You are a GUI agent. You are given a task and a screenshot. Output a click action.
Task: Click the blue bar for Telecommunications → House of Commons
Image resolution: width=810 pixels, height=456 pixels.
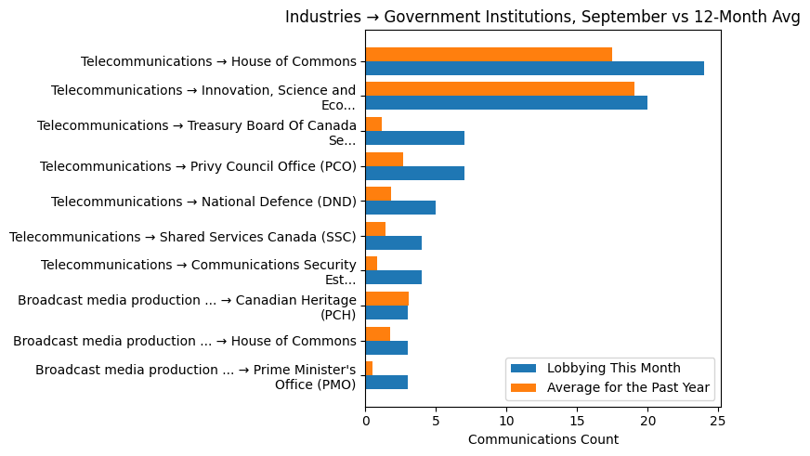(534, 68)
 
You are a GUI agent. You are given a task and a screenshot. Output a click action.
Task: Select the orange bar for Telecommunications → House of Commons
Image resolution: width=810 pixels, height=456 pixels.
(489, 54)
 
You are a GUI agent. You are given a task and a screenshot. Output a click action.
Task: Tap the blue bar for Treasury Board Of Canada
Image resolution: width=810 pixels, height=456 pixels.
(414, 138)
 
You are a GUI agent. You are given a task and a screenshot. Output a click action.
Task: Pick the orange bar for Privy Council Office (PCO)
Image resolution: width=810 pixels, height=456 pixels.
(384, 160)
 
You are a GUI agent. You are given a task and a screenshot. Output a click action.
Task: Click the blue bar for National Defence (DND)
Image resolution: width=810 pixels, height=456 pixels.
(400, 208)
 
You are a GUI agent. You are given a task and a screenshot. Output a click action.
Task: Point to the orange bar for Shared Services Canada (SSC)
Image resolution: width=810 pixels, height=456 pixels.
(375, 228)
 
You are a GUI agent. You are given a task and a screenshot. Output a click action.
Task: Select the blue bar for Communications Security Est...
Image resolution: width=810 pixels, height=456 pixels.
(393, 278)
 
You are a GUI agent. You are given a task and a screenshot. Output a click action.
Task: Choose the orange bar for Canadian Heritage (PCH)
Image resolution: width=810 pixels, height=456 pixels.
(386, 298)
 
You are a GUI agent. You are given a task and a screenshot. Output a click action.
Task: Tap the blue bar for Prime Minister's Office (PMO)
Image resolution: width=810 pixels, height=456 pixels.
(386, 383)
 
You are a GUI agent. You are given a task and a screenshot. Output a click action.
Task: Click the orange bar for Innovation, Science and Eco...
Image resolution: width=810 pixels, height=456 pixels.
(500, 89)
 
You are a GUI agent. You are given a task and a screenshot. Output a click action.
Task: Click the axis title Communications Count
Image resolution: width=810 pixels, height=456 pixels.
(542, 439)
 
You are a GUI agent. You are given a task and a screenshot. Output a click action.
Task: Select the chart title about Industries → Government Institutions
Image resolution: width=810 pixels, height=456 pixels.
(542, 17)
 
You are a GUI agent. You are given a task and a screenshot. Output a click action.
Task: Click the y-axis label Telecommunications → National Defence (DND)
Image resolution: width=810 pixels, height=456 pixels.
(203, 202)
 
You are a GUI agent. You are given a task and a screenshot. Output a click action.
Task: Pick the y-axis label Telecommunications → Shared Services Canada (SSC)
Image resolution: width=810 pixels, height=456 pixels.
(183, 237)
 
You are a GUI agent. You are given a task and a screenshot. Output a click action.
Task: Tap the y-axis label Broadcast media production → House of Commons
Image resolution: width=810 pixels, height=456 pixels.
(185, 341)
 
